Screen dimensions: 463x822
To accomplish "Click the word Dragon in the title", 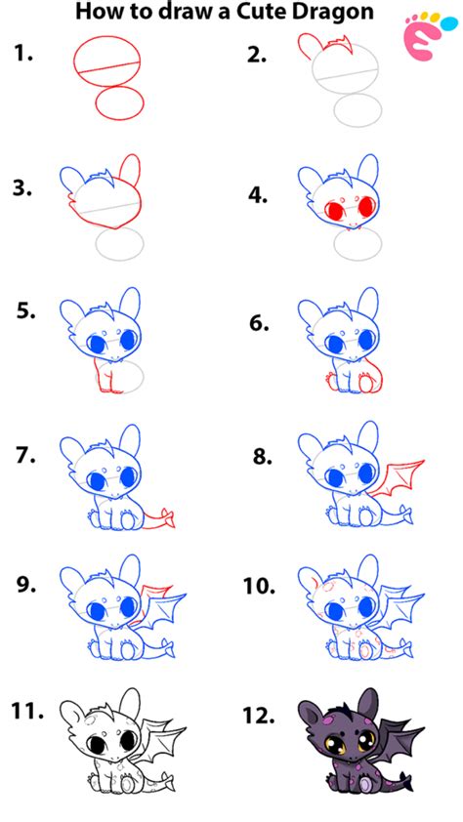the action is point(332,12).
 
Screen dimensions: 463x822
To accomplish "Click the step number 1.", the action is point(23,54).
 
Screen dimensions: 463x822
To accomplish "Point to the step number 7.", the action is point(26,455).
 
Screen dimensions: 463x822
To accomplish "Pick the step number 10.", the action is point(259,586).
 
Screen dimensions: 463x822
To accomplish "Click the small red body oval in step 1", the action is point(120,103).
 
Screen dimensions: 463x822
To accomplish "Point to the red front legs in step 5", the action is point(107,376).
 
